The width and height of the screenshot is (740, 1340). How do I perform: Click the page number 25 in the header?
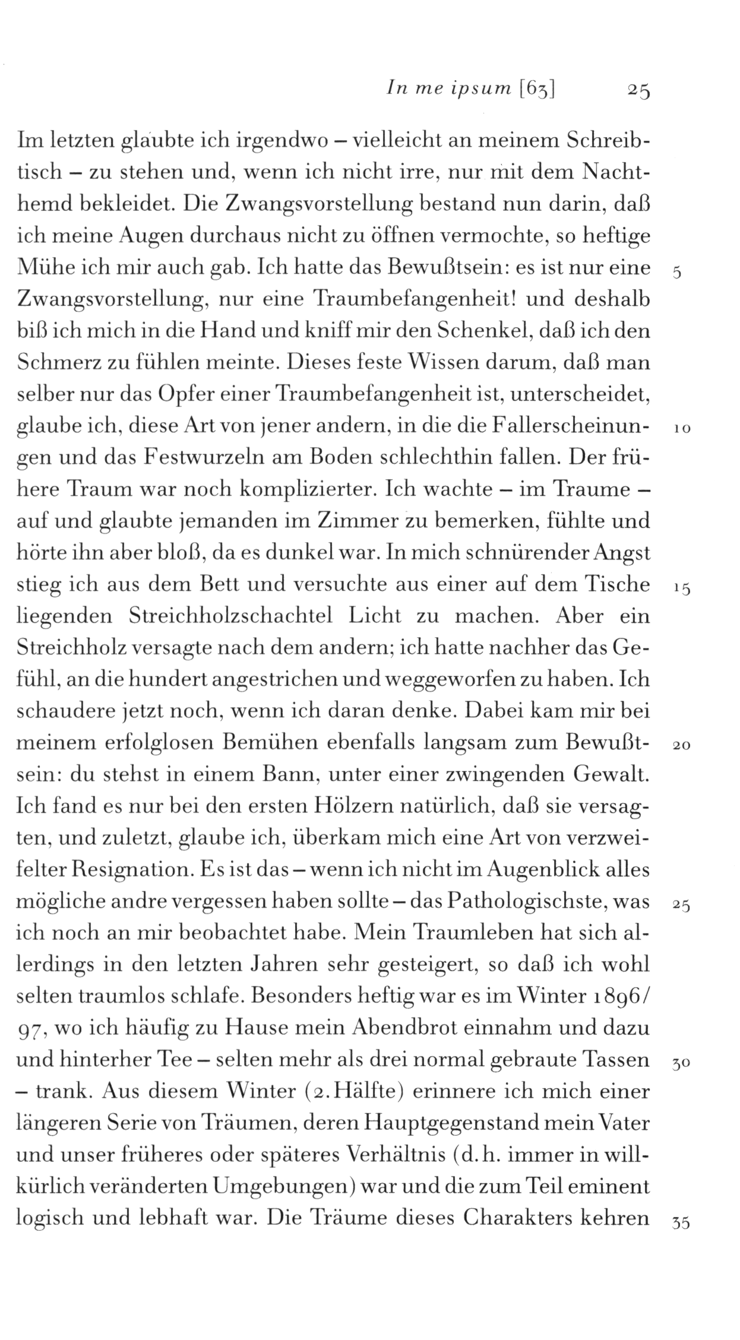pyautogui.click(x=638, y=90)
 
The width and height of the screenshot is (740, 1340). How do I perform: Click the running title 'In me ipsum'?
pyautogui.click(x=448, y=89)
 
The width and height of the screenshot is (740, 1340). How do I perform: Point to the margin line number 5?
pyautogui.click(x=678, y=274)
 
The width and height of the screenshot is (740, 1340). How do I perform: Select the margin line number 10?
pyautogui.click(x=681, y=429)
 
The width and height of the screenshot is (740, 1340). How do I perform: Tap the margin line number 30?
pyautogui.click(x=681, y=1064)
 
